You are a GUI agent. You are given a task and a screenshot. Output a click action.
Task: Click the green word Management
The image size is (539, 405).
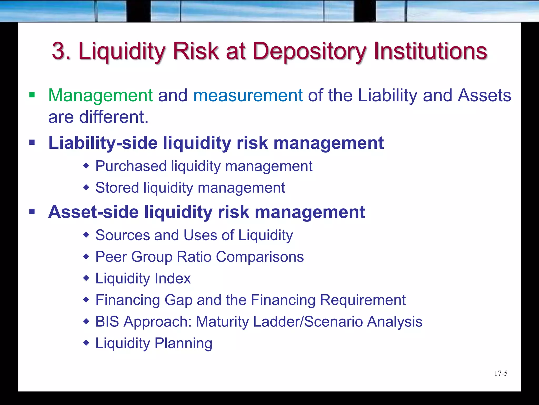tap(100, 95)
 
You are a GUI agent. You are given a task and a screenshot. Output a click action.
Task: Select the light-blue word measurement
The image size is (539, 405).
tap(248, 95)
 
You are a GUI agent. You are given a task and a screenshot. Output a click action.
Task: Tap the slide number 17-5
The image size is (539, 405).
tap(501, 373)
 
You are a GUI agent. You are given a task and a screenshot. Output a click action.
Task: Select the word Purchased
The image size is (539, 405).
tap(131, 166)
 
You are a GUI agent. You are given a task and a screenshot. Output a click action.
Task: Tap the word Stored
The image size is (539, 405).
tap(117, 188)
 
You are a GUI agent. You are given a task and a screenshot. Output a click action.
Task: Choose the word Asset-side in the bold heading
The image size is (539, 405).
tap(93, 212)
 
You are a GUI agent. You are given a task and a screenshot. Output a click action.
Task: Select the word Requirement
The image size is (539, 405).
tap(363, 300)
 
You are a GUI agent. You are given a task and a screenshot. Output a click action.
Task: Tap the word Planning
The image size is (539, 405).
tap(183, 343)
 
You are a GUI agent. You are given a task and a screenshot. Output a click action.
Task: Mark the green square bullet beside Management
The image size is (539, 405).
tap(32, 95)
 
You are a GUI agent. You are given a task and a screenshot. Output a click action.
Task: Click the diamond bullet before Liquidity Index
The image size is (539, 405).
tap(86, 278)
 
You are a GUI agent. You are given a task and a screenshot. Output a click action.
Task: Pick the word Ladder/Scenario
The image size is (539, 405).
tap(308, 322)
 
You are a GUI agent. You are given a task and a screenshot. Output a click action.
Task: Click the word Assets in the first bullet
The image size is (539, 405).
tap(484, 95)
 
